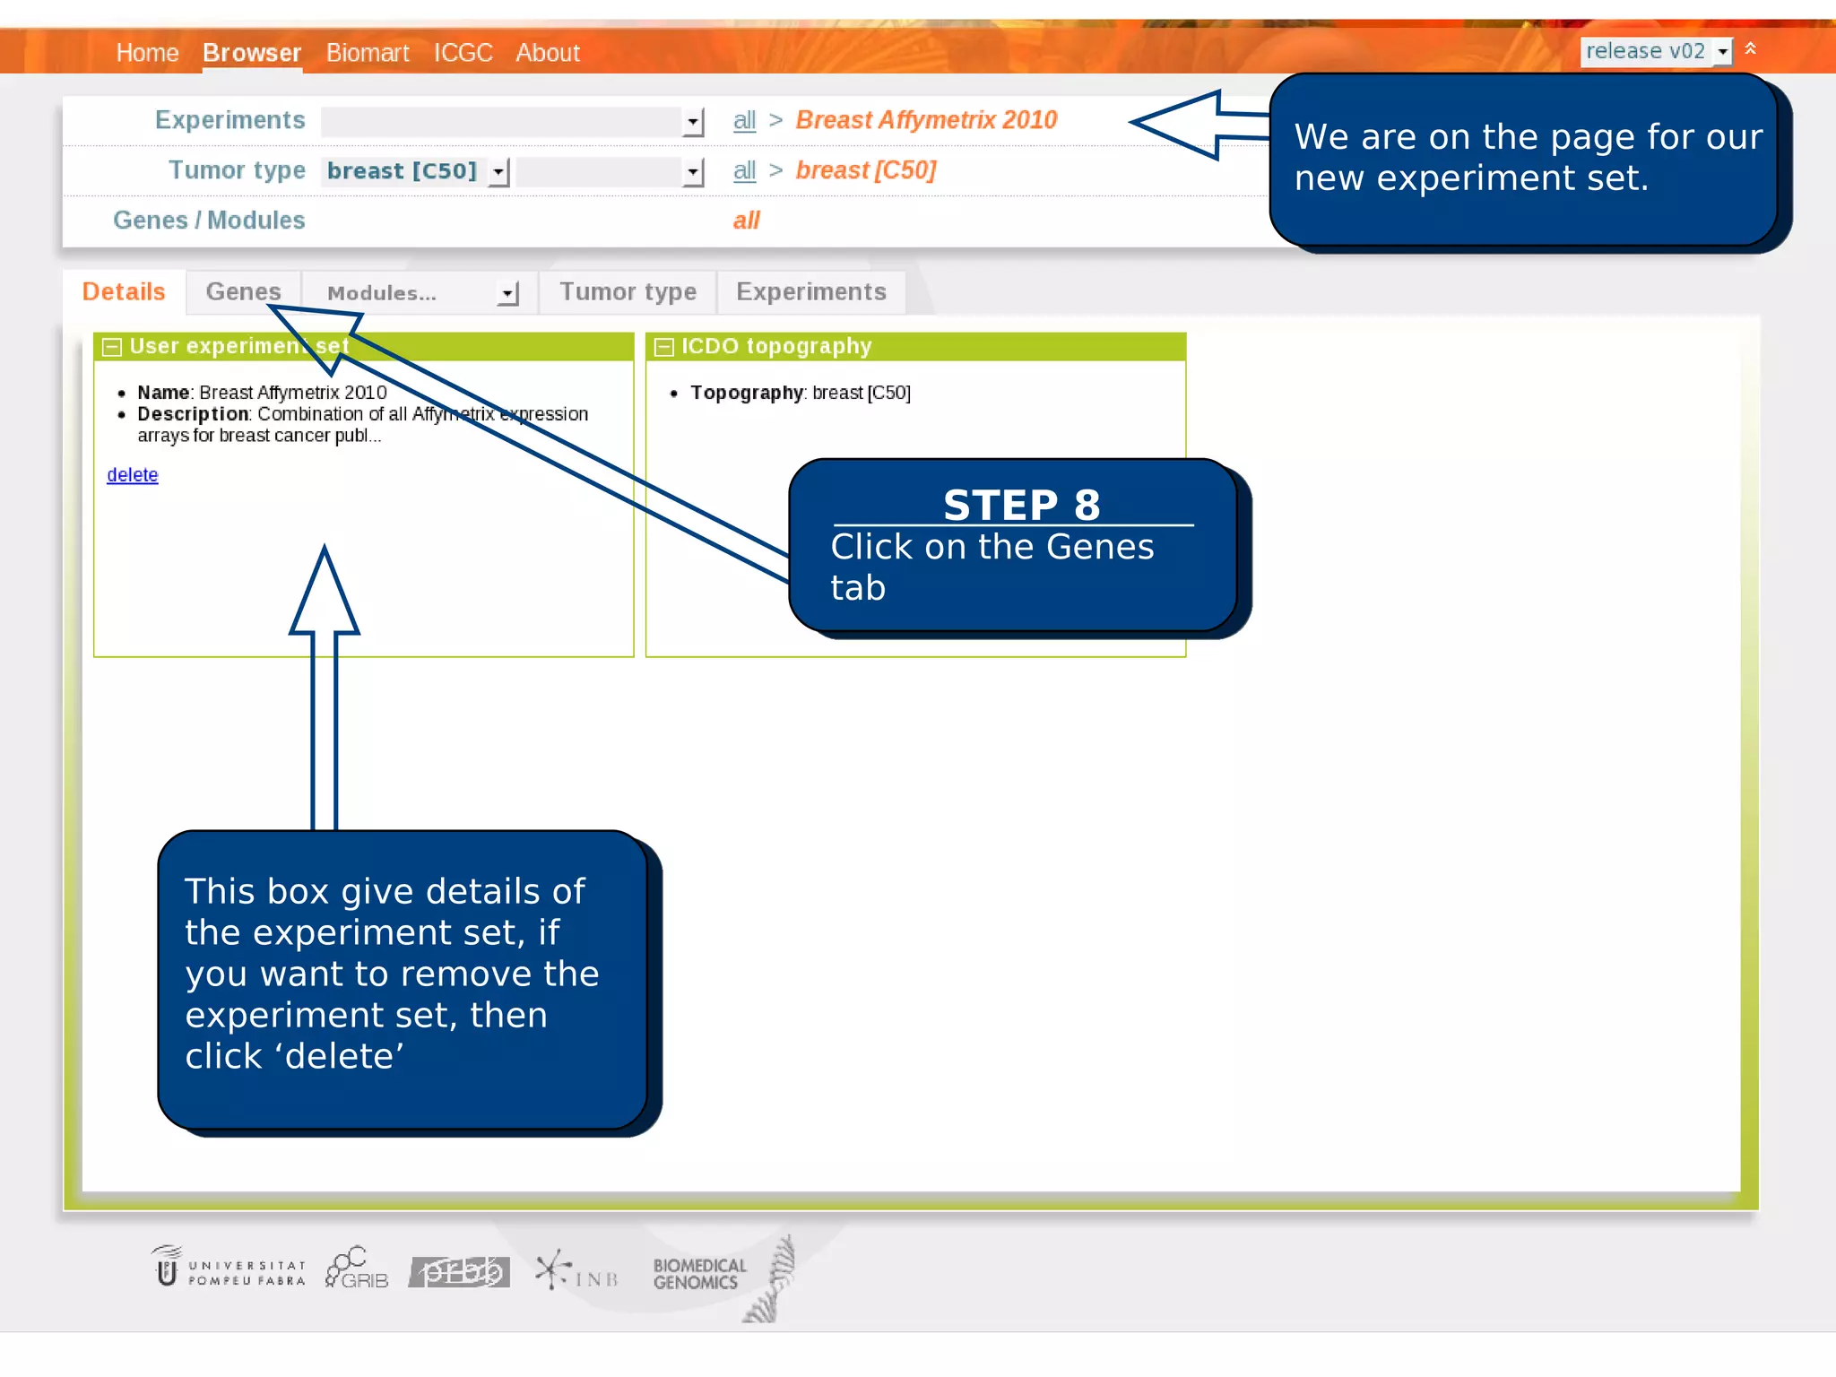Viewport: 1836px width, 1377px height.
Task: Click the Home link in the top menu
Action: point(147,53)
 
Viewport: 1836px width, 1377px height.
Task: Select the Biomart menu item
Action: point(368,53)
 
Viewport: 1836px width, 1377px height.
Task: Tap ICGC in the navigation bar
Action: point(463,53)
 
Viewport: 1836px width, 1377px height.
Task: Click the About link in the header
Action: point(548,53)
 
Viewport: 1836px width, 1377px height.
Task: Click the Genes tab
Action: point(243,292)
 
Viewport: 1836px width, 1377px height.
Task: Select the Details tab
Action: point(124,292)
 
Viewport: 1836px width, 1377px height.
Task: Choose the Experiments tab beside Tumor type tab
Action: point(810,292)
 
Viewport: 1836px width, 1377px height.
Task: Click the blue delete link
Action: point(133,475)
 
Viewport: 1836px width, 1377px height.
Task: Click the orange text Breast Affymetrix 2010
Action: point(926,120)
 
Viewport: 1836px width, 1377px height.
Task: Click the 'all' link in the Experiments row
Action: point(744,120)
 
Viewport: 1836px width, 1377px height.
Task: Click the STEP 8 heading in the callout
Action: point(1021,506)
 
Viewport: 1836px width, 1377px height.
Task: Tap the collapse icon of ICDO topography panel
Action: point(664,347)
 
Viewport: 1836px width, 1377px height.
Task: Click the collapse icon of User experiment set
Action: point(112,347)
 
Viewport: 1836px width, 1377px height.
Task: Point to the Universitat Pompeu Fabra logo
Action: point(229,1270)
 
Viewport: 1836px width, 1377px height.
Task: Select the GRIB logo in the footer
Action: point(357,1269)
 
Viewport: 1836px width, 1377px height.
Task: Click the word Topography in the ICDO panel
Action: point(746,393)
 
